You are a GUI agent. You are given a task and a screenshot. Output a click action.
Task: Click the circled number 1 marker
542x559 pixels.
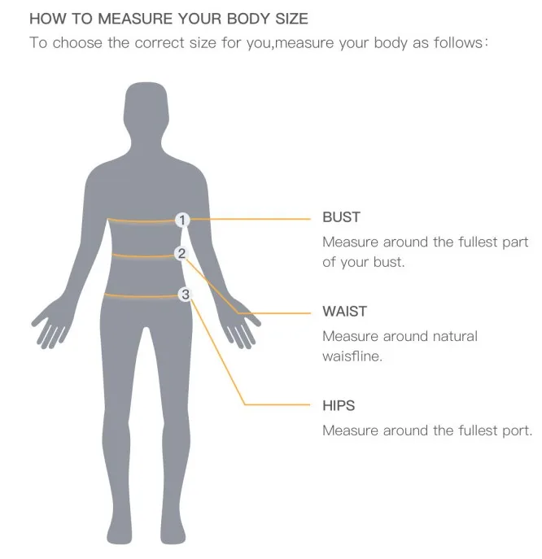(x=183, y=220)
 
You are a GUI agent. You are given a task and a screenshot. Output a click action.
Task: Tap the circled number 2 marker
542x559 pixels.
(x=181, y=254)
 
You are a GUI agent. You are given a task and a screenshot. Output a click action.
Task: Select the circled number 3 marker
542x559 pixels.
(x=186, y=295)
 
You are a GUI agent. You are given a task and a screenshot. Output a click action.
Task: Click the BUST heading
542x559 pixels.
(x=341, y=217)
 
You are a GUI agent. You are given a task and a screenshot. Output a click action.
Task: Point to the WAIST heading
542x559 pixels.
(x=344, y=312)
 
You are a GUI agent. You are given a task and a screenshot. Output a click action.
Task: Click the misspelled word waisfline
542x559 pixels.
(x=352, y=356)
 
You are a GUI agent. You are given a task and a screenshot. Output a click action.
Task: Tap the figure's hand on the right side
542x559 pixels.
(x=241, y=325)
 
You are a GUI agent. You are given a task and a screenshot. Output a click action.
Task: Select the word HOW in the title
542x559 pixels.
(x=44, y=18)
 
